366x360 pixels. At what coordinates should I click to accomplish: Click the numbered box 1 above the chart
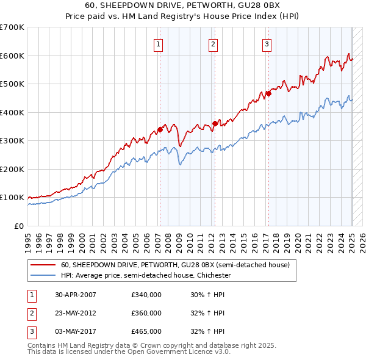point(158,43)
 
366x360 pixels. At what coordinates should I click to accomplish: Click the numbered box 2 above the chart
point(213,43)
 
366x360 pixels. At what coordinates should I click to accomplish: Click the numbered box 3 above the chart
point(267,43)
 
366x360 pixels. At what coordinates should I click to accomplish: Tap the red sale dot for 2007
point(160,129)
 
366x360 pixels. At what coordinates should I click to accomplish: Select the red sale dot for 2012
point(215,124)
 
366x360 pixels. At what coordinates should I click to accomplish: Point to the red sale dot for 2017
point(268,94)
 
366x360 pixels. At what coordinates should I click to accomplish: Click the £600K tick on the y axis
point(12,56)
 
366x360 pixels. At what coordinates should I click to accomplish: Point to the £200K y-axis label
point(12,169)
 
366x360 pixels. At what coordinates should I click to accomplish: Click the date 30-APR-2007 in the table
point(76,295)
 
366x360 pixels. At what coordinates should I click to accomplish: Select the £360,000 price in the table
point(146,313)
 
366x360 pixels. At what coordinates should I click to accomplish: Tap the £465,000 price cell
point(146,331)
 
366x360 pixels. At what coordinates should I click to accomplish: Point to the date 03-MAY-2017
point(76,331)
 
